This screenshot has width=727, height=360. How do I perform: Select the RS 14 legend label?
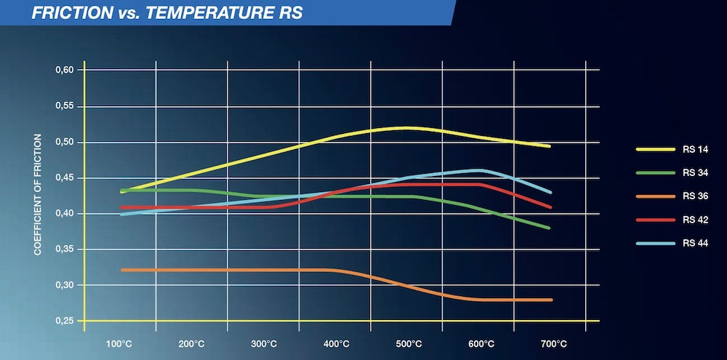point(695,149)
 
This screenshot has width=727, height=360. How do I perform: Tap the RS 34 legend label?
point(695,172)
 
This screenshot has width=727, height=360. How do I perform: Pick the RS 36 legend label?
point(695,196)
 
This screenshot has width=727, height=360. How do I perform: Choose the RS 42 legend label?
point(695,219)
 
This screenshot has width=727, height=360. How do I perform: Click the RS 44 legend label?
point(695,242)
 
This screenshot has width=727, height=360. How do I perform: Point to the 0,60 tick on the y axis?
point(65,71)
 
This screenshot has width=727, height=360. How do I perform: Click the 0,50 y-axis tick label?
point(65,142)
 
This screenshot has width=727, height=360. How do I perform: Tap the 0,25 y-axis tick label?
point(65,321)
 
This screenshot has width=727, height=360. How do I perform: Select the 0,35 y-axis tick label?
point(65,249)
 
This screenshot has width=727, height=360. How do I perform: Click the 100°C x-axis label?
point(121,343)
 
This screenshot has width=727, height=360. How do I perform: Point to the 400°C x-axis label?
point(336,343)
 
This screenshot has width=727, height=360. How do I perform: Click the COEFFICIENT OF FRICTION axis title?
point(38,194)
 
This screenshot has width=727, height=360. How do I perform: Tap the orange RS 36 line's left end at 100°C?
point(122,270)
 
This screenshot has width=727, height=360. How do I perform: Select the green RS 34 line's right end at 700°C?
point(549,228)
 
